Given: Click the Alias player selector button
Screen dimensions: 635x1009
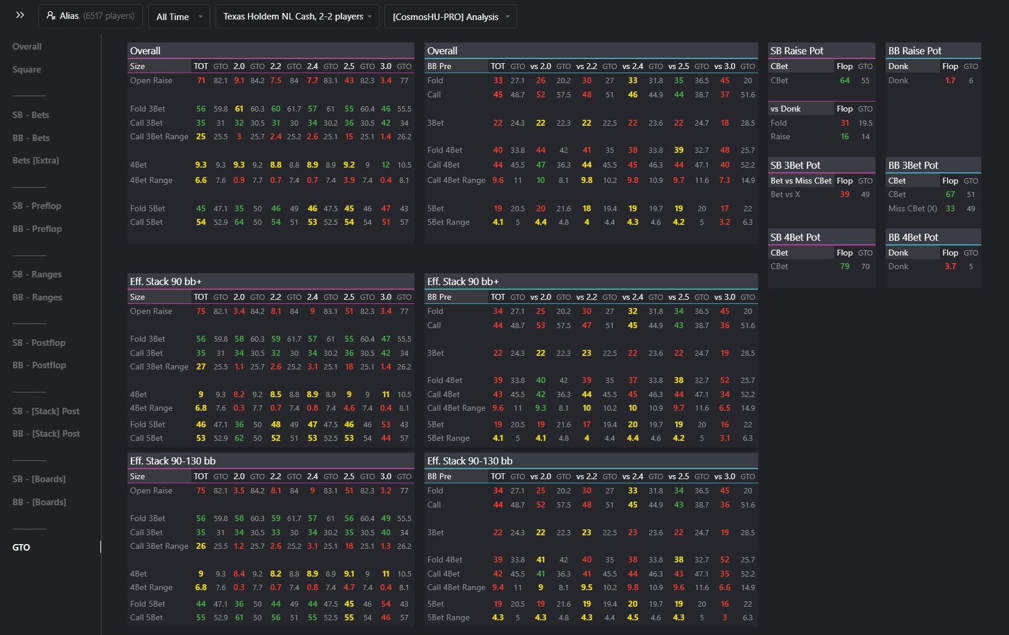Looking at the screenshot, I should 90,16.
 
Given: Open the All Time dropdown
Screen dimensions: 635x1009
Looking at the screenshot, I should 179,17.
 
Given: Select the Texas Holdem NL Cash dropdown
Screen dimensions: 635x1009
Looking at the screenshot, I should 297,17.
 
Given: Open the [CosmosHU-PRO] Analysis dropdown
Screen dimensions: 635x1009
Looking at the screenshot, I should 450,17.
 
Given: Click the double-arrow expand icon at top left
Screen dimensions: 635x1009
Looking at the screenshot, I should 20,15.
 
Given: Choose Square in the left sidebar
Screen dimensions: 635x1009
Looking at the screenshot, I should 27,69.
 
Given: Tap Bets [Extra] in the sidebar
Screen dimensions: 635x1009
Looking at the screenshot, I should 35,160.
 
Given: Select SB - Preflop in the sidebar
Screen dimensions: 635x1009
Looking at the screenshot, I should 37,205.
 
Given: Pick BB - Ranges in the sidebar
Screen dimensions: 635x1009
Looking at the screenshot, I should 37,297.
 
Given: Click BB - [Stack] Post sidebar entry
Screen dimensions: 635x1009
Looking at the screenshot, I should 46,433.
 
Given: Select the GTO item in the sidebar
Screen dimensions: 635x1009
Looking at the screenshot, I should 21,547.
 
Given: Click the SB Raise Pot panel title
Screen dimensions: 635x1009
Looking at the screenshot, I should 796,51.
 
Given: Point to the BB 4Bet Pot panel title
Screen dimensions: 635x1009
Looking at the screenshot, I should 913,237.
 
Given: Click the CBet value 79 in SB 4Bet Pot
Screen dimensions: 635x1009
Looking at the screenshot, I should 844,266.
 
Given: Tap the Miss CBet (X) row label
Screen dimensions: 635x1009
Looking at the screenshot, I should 912,208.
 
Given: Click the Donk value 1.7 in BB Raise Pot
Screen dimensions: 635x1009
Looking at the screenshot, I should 950,80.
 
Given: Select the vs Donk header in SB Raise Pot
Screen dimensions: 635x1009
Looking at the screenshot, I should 785,109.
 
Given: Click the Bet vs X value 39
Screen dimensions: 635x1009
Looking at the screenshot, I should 844,194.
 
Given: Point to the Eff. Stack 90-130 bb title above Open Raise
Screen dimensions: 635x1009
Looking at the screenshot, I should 172,461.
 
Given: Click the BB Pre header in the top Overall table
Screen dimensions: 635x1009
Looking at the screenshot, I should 439,66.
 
